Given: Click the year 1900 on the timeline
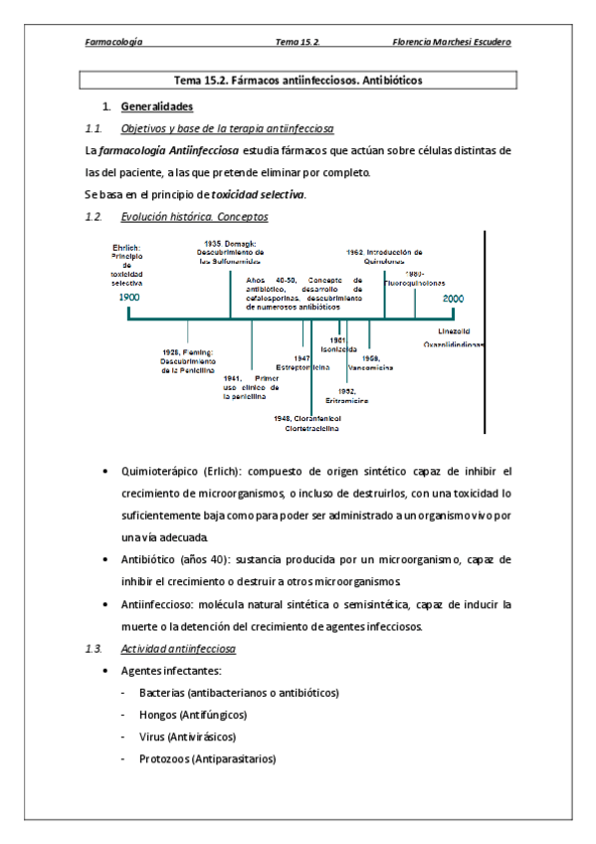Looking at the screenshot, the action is coord(128,298).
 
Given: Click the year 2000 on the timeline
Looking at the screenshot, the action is coord(453,298).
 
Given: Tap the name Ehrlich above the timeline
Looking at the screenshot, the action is coord(125,246).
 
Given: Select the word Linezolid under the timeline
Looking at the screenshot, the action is coord(454,330).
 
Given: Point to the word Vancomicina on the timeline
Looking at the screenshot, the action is coord(377,367).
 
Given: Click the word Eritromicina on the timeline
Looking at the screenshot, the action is coord(347,400).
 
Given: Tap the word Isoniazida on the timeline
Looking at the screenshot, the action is coord(338,348).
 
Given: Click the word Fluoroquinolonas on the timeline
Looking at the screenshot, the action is coord(416,283).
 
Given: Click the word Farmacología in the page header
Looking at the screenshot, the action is coord(113,42).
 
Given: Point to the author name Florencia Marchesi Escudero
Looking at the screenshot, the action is coord(453,42).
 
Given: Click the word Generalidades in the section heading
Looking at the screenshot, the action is coord(155,106).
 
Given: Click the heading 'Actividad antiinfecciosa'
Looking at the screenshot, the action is coord(177,649).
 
